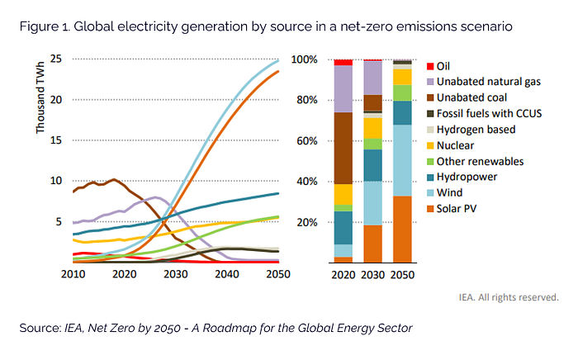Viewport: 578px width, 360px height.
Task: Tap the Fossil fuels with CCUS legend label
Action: pyautogui.click(x=489, y=113)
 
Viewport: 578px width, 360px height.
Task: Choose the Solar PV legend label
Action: pyautogui.click(x=458, y=209)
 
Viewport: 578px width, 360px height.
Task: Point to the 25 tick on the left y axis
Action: pyautogui.click(x=56, y=59)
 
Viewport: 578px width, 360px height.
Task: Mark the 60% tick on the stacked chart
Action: pyautogui.click(x=307, y=141)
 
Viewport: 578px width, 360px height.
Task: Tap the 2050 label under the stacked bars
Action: pyautogui.click(x=404, y=274)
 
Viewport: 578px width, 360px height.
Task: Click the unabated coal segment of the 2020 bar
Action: pyautogui.click(x=343, y=148)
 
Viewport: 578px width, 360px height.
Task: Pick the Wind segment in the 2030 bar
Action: pyautogui.click(x=373, y=203)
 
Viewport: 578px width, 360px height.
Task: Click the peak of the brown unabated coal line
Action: pyautogui.click(x=113, y=178)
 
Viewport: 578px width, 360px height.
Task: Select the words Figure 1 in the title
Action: pyautogui.click(x=45, y=27)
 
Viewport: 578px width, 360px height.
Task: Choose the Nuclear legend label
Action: pyautogui.click(x=457, y=145)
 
